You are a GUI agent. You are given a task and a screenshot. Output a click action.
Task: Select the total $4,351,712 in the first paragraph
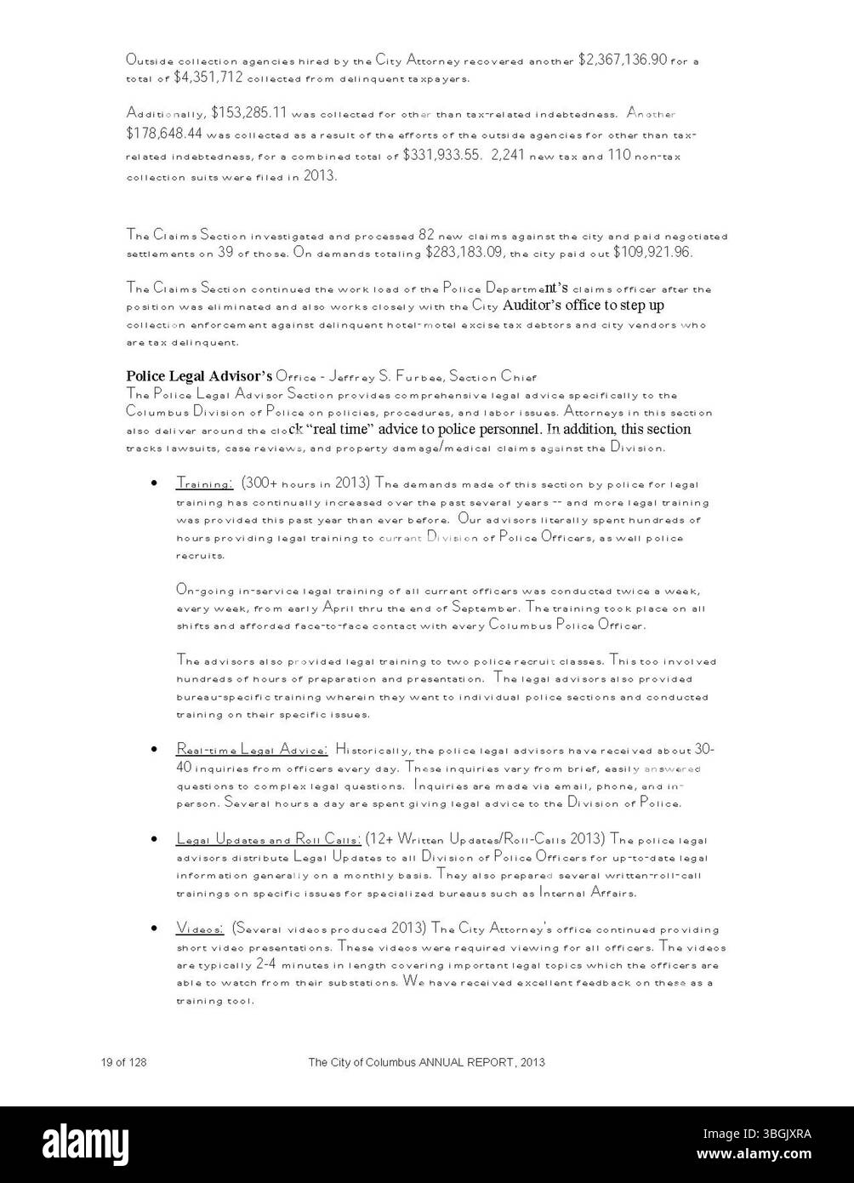tap(208, 77)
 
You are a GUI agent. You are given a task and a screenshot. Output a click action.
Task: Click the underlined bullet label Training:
tap(204, 483)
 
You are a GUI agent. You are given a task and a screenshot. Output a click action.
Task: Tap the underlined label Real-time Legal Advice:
tap(252, 750)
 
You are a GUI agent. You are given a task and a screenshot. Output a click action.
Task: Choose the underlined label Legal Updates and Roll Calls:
tap(269, 839)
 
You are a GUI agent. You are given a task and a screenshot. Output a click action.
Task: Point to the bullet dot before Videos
tap(152, 929)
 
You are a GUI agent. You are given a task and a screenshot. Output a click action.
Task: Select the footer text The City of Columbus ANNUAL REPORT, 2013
tap(426, 1062)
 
